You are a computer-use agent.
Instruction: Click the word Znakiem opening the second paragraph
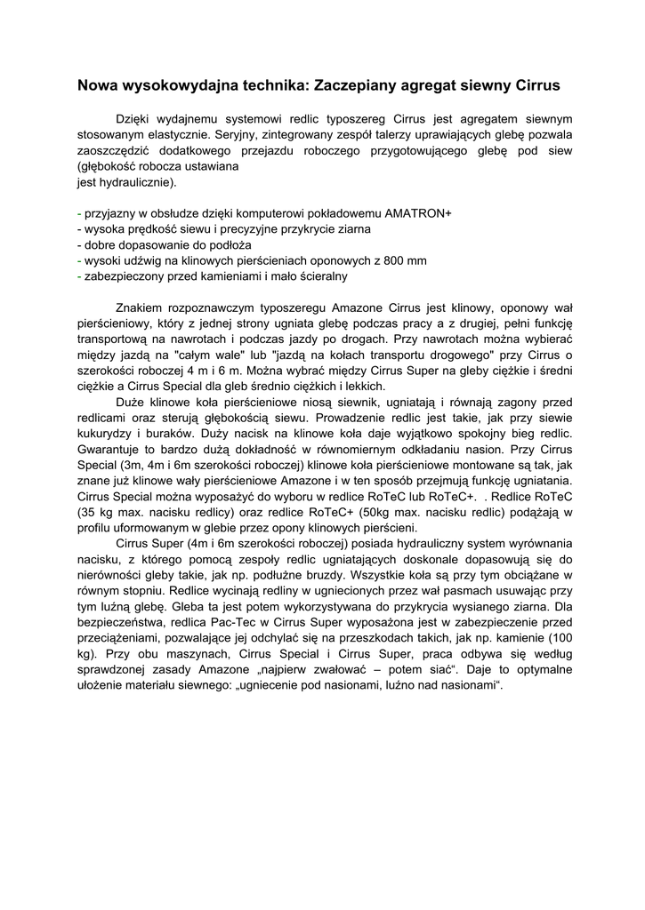click(141, 308)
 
